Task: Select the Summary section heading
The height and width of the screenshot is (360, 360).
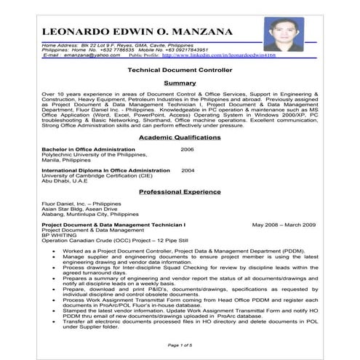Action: (180, 84)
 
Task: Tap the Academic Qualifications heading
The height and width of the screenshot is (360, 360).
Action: (180, 137)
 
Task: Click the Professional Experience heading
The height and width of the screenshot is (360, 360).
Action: (180, 192)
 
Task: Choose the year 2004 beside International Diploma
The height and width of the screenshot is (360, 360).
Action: (188, 170)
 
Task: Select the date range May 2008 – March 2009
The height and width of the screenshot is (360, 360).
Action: (284, 225)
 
